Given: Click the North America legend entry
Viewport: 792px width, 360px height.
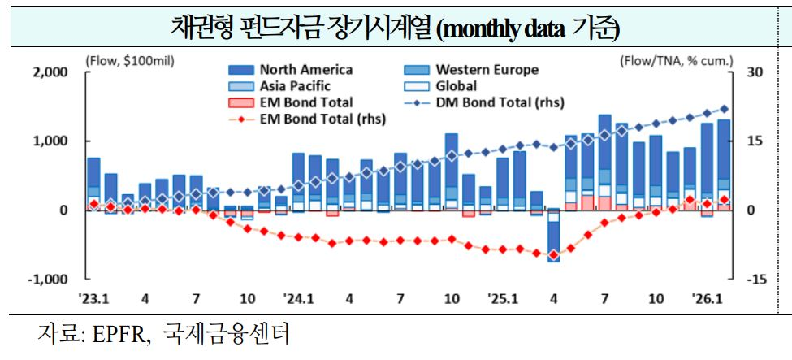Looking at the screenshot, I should click(x=305, y=70).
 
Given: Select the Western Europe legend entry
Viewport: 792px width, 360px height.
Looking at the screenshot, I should click(x=487, y=70).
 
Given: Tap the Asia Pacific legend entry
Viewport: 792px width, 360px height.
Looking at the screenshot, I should click(x=295, y=86).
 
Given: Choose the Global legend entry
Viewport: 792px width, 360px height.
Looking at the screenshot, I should click(x=456, y=86).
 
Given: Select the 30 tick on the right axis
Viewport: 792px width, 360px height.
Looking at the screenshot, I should click(x=755, y=72).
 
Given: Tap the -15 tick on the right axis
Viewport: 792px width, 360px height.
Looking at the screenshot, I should click(x=756, y=280).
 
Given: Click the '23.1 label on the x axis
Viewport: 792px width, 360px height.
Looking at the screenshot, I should click(x=93, y=298).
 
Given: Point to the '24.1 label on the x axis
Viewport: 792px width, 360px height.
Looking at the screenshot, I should click(x=298, y=298).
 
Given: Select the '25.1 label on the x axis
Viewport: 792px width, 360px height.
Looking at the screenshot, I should click(x=503, y=298).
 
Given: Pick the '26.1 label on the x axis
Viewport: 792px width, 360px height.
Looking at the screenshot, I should click(x=707, y=298).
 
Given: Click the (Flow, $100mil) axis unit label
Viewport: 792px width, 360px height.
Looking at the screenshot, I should click(x=129, y=60).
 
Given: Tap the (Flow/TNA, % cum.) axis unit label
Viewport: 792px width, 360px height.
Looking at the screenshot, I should click(x=676, y=60).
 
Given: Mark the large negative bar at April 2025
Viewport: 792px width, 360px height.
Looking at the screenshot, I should click(x=553, y=236).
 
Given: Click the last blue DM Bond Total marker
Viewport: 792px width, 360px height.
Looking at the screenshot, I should click(x=725, y=109).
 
